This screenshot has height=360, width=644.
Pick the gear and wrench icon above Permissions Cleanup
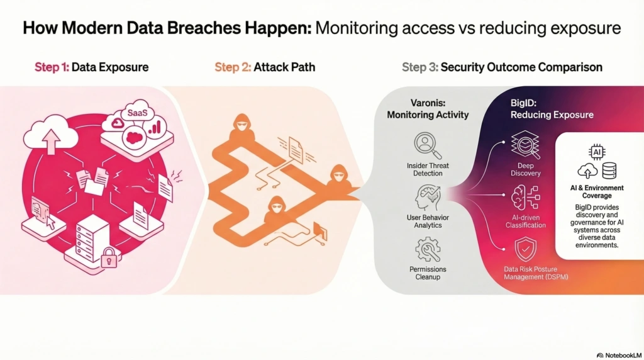[x=428, y=249]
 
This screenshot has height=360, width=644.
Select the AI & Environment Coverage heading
[x=596, y=191]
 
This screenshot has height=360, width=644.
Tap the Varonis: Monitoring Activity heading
[x=427, y=108]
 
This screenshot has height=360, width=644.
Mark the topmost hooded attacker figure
[x=243, y=126]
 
